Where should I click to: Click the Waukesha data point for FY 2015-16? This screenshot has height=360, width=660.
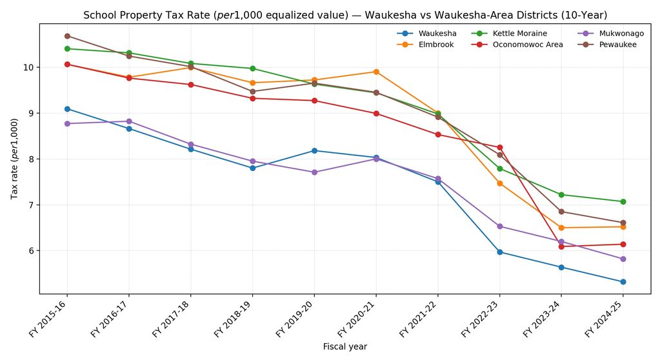[67, 109]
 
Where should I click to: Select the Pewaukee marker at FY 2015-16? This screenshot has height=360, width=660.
[67, 36]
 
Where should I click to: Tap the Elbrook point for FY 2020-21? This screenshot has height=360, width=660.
[376, 72]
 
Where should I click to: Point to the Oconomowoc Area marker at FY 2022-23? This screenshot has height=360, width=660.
[499, 148]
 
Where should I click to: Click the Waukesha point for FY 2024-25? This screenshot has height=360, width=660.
[623, 282]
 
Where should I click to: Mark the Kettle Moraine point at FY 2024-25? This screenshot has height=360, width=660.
[623, 202]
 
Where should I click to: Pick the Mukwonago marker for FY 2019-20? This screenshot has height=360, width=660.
[314, 172]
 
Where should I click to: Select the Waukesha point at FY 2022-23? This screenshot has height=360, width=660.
[499, 252]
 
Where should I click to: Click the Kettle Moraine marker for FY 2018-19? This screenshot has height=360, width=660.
[252, 68]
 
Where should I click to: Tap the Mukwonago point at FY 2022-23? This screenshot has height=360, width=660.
[499, 226]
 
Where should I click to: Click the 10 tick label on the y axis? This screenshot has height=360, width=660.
[29, 68]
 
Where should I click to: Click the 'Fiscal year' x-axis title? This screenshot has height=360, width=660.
[345, 347]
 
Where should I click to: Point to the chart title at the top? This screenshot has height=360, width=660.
[345, 15]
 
